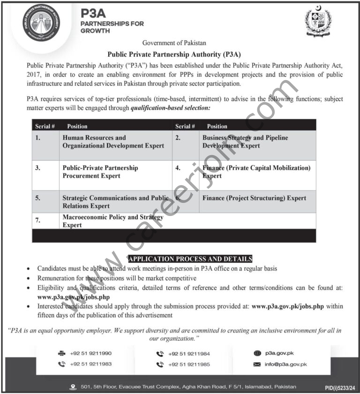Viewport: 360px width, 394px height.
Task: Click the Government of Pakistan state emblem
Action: pos(318,21)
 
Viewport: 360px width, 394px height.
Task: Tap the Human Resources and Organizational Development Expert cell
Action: pos(113,142)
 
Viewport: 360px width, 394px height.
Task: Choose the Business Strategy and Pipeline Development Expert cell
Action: pos(245,142)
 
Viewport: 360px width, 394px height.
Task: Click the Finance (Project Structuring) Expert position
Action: pos(254,198)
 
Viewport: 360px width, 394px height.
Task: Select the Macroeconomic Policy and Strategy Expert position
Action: pos(112,221)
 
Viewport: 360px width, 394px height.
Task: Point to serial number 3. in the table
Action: pos(37,167)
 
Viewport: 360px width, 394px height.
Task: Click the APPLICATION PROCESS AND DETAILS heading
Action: pos(190,259)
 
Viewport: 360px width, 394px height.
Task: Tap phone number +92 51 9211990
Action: pos(91,353)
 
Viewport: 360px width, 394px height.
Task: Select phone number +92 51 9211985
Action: pos(188,364)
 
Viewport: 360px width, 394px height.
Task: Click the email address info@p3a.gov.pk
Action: pos(286,364)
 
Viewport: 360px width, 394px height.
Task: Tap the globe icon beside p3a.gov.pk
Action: pos(256,353)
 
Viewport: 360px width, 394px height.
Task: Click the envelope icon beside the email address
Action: pos(256,364)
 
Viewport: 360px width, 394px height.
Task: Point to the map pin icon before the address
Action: pos(72,387)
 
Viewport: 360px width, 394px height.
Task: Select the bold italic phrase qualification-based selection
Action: pos(170,108)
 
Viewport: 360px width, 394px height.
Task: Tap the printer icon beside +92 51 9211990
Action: pos(61,353)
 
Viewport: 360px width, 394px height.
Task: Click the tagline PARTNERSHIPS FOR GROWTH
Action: pos(112,27)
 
